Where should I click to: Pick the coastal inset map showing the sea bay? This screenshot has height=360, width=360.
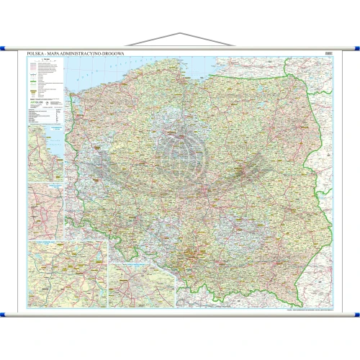pyautogui.click(x=45, y=154)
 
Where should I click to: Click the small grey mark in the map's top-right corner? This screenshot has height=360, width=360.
pyautogui.click(x=328, y=53)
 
